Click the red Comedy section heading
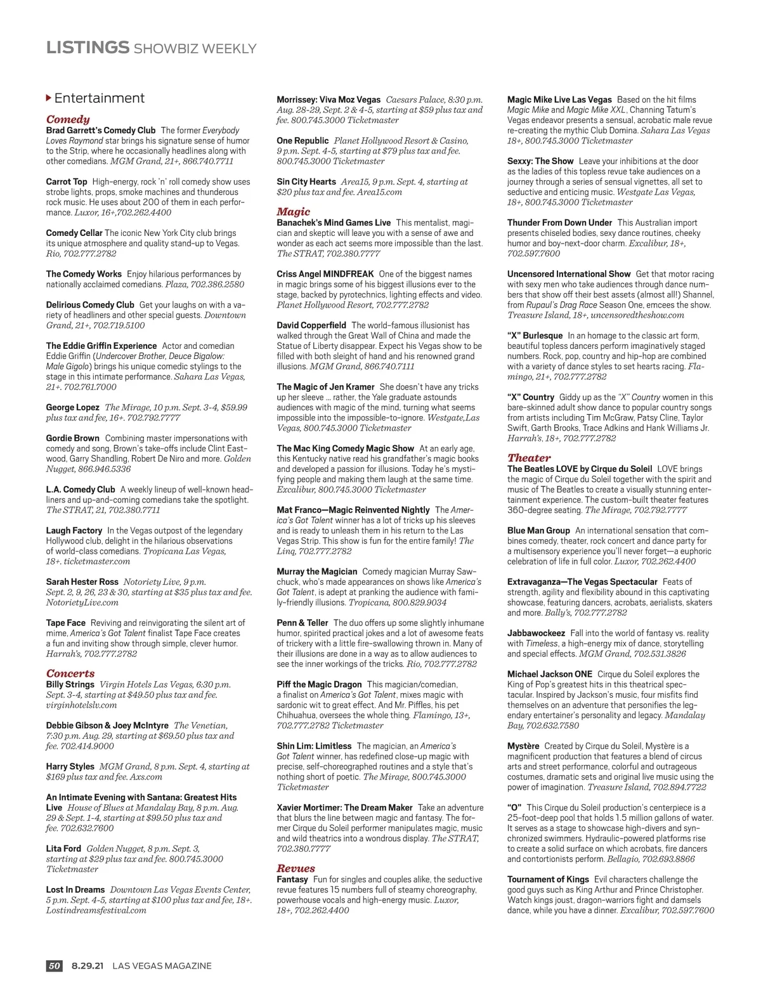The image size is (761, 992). [68, 119]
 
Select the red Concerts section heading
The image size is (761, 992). [70, 674]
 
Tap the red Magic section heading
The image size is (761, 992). [294, 212]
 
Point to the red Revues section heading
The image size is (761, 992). [296, 868]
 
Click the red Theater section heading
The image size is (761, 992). [529, 458]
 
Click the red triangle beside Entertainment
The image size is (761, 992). [49, 98]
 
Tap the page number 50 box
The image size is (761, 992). [55, 966]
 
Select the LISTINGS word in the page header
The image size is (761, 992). [88, 48]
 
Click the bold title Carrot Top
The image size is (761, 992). [67, 181]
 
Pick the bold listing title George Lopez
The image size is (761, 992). [72, 407]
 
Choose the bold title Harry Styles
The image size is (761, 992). [70, 766]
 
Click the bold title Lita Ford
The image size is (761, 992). [63, 849]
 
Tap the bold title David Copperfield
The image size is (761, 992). [311, 325]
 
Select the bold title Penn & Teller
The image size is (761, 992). [302, 623]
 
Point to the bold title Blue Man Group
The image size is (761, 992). [538, 530]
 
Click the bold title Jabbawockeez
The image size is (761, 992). [536, 633]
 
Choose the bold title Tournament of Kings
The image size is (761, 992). [548, 879]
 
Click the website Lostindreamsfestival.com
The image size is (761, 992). [96, 910]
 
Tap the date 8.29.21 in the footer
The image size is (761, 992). [88, 966]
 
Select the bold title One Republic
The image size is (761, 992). [302, 141]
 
